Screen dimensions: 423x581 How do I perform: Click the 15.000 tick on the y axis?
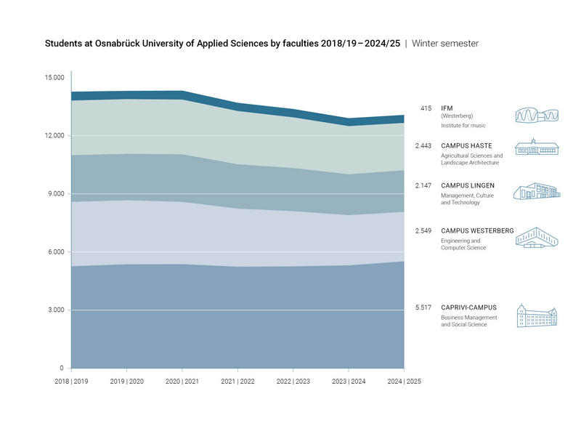pyautogui.click(x=54, y=78)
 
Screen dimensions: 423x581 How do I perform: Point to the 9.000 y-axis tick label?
pyautogui.click(x=55, y=194)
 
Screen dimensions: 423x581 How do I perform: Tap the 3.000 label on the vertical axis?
pyautogui.click(x=55, y=310)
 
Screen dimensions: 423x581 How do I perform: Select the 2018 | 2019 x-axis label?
pyautogui.click(x=71, y=381)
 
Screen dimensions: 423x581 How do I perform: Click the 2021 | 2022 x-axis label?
pyautogui.click(x=237, y=381)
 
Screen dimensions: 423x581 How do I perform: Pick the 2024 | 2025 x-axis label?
pyautogui.click(x=404, y=381)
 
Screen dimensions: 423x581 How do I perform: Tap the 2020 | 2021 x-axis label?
pyautogui.click(x=182, y=381)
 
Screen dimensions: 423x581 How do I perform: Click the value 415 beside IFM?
pyautogui.click(x=426, y=108)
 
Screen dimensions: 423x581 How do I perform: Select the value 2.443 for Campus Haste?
pyautogui.click(x=423, y=146)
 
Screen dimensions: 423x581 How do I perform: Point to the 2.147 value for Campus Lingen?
pyautogui.click(x=423, y=186)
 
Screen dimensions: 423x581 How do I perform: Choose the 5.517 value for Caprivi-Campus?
pyautogui.click(x=423, y=307)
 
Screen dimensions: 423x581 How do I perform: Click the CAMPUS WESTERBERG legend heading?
pyautogui.click(x=477, y=231)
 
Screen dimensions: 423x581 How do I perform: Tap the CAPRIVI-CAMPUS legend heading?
pyautogui.click(x=469, y=307)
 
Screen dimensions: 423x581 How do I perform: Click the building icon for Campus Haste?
pyautogui.click(x=536, y=147)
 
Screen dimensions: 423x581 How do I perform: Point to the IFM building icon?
pyautogui.click(x=537, y=116)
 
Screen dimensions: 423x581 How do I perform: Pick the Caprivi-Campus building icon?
pyautogui.click(x=537, y=316)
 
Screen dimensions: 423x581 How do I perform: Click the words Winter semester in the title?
pyautogui.click(x=445, y=44)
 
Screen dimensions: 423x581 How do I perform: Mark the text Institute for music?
pyautogui.click(x=463, y=126)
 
